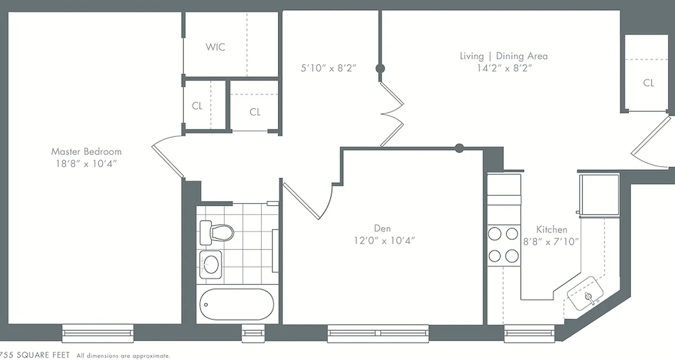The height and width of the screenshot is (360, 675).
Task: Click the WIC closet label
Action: click(x=215, y=47)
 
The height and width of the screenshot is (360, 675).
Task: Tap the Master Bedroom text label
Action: click(x=86, y=151)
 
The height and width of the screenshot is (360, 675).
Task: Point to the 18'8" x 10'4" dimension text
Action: click(x=86, y=163)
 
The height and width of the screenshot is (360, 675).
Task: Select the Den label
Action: click(x=383, y=228)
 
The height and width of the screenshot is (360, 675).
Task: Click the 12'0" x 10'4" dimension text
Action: click(x=384, y=240)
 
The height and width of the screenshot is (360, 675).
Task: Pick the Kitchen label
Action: click(x=552, y=229)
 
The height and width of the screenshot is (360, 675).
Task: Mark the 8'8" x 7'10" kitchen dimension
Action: click(x=551, y=241)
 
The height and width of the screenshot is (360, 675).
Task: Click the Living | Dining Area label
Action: click(x=504, y=56)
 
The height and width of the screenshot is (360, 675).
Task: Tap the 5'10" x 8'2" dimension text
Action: click(x=328, y=68)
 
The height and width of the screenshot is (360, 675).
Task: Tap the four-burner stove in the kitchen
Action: click(x=504, y=245)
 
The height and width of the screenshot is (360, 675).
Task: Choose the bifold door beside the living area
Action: click(x=391, y=114)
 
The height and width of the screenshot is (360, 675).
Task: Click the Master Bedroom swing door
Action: click(x=167, y=160)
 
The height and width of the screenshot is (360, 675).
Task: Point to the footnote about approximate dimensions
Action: click(x=123, y=356)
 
